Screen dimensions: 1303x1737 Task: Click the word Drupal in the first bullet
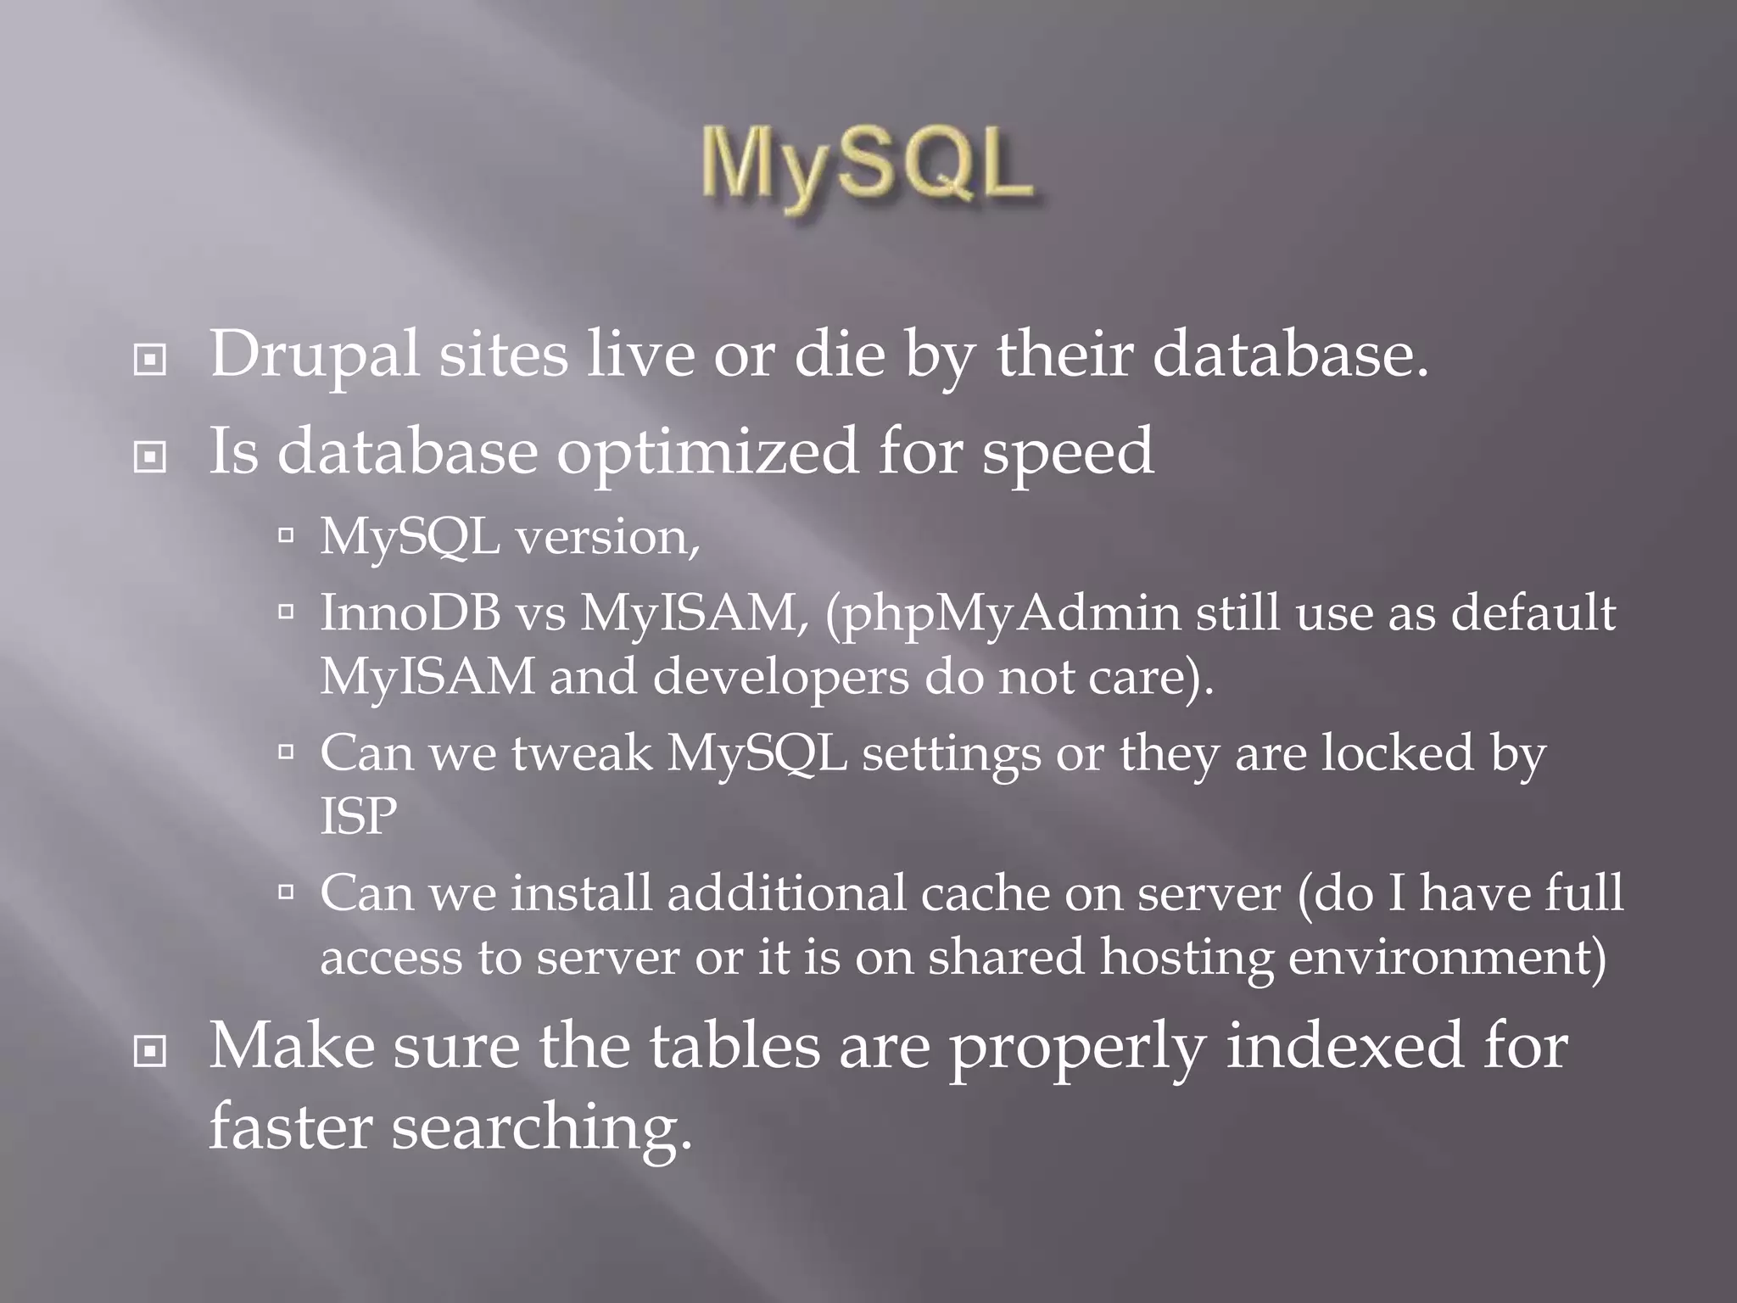[x=314, y=355]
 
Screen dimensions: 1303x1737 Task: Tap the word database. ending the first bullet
[x=1289, y=355]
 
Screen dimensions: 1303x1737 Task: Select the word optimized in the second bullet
[x=707, y=451]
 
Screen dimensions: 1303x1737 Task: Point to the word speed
[x=1067, y=451]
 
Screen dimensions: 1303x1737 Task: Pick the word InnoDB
[x=411, y=612]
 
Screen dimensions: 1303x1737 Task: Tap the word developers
[x=780, y=677]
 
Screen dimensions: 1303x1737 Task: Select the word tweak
[x=582, y=752]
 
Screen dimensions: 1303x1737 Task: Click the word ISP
[x=358, y=816]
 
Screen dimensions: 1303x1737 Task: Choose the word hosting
[x=1187, y=958]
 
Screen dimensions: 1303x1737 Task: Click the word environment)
[x=1447, y=958]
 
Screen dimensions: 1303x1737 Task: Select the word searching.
[x=541, y=1127]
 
